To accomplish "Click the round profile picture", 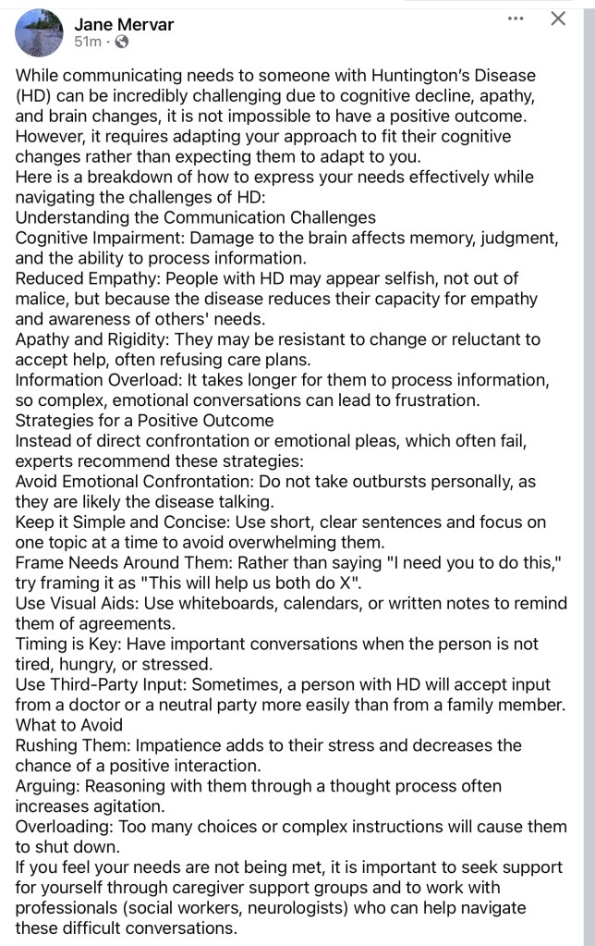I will point(39,33).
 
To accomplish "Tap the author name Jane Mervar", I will point(124,24).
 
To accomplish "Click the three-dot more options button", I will point(516,18).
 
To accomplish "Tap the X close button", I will point(558,18).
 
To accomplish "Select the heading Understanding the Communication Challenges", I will point(195,218).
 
